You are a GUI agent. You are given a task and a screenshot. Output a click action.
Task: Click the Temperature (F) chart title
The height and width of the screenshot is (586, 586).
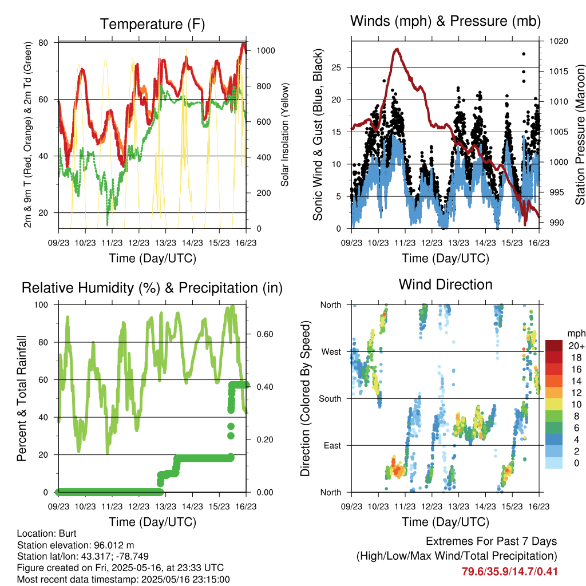pyautogui.click(x=152, y=24)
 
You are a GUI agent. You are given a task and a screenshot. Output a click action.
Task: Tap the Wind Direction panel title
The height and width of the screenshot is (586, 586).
pyautogui.click(x=445, y=284)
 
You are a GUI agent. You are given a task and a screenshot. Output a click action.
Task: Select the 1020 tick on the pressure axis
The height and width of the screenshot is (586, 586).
pyautogui.click(x=559, y=41)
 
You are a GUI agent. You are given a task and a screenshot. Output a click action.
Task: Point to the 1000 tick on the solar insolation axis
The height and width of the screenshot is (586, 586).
pyautogui.click(x=266, y=50)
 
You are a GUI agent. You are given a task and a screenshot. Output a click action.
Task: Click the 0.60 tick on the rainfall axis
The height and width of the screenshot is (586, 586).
pyautogui.click(x=265, y=334)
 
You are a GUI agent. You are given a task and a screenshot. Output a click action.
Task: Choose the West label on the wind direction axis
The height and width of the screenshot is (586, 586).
pyautogui.click(x=331, y=352)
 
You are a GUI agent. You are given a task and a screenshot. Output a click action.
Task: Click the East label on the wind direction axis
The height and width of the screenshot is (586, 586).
pyautogui.click(x=332, y=445)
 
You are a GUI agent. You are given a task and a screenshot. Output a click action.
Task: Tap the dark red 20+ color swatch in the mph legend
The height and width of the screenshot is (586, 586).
pyautogui.click(x=553, y=346)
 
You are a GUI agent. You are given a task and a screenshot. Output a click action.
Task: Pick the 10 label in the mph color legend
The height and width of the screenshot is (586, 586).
pyautogui.click(x=576, y=405)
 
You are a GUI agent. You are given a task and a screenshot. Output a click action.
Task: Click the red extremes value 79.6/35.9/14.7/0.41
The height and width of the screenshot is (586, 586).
pyautogui.click(x=509, y=572)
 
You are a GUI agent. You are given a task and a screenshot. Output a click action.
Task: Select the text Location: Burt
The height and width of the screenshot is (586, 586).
pyautogui.click(x=47, y=533)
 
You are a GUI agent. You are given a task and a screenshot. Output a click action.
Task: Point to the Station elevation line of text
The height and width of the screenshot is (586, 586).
pyautogui.click(x=76, y=545)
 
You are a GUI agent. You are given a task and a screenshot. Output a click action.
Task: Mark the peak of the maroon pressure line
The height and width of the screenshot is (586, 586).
pyautogui.click(x=397, y=49)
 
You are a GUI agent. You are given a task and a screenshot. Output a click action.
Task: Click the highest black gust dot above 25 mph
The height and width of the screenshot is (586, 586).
pyautogui.click(x=524, y=54)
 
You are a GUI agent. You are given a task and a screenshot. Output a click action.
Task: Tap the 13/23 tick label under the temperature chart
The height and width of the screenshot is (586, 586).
pyautogui.click(x=165, y=243)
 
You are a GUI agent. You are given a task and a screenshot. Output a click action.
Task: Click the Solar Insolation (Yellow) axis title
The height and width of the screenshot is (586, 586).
pyautogui.click(x=285, y=134)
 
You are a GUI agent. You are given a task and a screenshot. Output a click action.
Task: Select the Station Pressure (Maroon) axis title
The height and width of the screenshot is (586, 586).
pyautogui.click(x=580, y=134)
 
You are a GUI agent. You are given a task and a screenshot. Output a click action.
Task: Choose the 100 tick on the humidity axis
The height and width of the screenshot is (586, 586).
pyautogui.click(x=41, y=304)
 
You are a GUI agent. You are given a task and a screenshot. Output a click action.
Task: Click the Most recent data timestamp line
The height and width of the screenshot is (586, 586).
pyautogui.click(x=124, y=580)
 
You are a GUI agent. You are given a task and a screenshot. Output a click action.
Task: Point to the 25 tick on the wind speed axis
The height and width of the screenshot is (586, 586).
pyautogui.click(x=336, y=68)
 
